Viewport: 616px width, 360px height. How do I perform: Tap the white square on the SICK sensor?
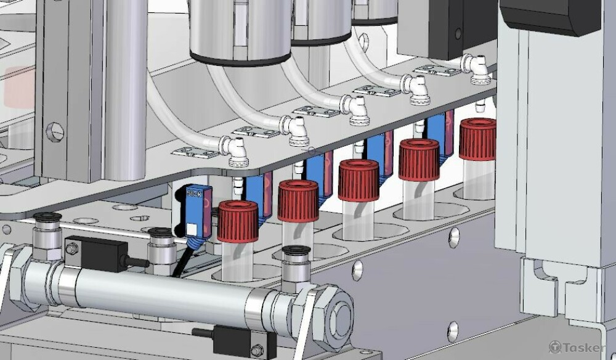192,229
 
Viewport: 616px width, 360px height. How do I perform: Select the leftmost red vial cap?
238,221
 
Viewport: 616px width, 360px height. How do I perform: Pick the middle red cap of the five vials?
359,180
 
